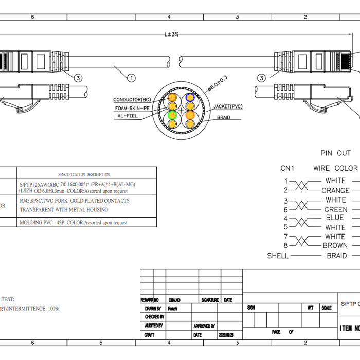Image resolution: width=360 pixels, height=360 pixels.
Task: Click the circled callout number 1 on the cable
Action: (132, 78)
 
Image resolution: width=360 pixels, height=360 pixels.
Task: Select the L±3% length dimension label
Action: (171, 34)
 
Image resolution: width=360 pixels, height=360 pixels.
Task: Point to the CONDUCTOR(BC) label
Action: (132, 99)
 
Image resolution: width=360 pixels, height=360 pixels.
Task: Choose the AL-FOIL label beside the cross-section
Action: (127, 116)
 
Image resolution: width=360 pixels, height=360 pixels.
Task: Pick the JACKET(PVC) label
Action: (228, 107)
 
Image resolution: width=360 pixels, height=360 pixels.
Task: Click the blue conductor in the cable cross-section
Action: (190, 97)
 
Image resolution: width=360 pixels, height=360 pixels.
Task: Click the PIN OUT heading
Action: (335, 153)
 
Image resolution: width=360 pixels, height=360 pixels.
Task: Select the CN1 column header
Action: (287, 168)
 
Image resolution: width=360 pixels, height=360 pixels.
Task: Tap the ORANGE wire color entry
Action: (335, 190)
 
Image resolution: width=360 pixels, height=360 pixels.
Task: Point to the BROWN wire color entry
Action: (335, 246)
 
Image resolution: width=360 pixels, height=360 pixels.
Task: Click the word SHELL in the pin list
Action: (278, 256)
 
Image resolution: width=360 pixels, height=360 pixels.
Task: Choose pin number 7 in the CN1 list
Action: (285, 237)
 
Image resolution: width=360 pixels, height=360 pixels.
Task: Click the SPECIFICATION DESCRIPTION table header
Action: (84, 174)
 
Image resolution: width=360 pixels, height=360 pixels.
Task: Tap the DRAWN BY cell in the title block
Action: (153, 309)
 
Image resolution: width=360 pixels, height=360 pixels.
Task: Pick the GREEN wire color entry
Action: (335, 210)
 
